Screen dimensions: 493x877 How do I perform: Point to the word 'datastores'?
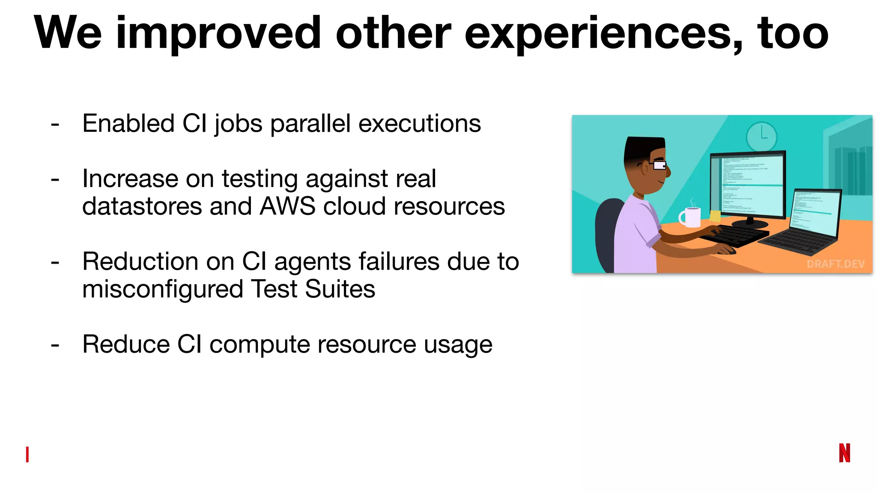142,207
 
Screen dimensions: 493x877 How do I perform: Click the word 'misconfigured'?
162,290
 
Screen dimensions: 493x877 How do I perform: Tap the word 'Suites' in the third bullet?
340,290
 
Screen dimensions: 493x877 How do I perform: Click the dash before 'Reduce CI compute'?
55,345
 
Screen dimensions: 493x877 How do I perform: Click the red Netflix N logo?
844,453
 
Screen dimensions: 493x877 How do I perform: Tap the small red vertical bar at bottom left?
27,454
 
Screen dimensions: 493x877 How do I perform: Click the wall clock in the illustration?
761,136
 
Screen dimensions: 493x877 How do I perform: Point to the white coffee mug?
691,217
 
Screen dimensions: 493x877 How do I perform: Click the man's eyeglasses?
658,165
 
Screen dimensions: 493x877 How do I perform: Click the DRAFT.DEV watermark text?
835,264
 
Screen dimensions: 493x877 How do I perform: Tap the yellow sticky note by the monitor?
715,215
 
